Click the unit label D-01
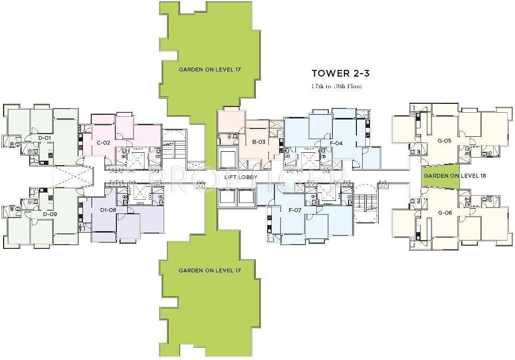[x=44, y=138]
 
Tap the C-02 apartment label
[x=103, y=142]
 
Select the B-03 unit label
[x=259, y=142]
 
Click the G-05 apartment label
[x=444, y=140]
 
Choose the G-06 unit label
[x=444, y=213]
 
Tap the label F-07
[x=295, y=210]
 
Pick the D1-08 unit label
[x=107, y=210]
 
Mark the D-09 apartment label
[x=49, y=214]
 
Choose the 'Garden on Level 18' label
[x=454, y=176]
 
